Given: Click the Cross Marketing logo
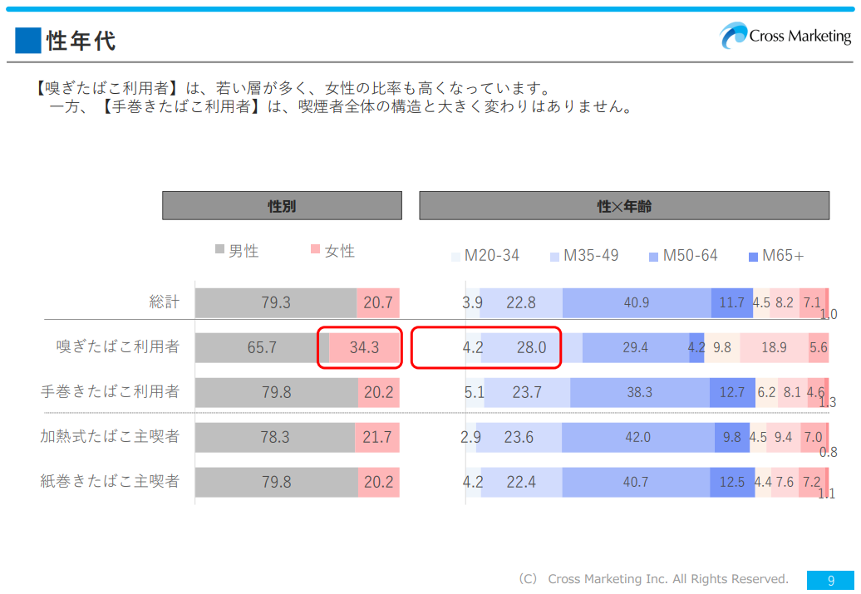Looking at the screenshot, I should [x=785, y=36].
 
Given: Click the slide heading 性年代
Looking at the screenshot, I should [x=81, y=40].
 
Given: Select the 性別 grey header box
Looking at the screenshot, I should [x=282, y=206].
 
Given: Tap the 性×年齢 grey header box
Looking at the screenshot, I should [x=624, y=206].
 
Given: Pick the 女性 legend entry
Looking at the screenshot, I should [x=332, y=251].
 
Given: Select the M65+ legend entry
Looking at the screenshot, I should [x=776, y=255].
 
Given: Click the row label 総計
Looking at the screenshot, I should [x=165, y=302].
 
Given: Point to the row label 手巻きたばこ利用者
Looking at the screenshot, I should [x=111, y=391].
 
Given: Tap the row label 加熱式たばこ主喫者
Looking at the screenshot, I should [x=111, y=436].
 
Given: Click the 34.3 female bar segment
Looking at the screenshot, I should [x=364, y=347].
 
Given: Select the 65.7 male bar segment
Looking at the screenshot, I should [x=262, y=347].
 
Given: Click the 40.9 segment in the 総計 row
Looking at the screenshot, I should [x=637, y=303].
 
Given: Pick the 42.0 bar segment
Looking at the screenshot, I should [x=637, y=437].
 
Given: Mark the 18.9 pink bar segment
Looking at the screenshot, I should [x=774, y=347].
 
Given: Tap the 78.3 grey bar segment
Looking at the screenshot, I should [x=275, y=437].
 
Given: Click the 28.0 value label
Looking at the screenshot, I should [x=532, y=347].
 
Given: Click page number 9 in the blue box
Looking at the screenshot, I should [x=830, y=581].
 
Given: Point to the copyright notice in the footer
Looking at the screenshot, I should [x=653, y=579].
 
